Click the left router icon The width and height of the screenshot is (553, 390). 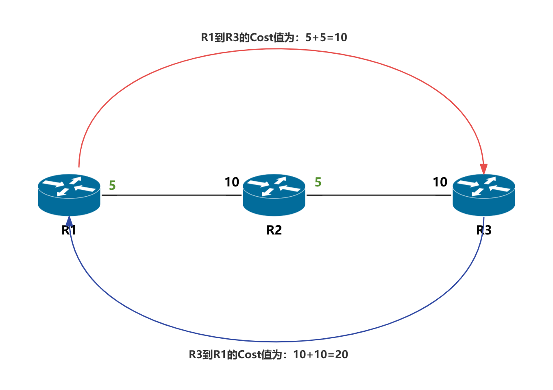pyautogui.click(x=69, y=195)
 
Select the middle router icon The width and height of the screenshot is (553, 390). pyautogui.click(x=274, y=195)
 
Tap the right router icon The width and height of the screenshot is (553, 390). pyautogui.click(x=483, y=195)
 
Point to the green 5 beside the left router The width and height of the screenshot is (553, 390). pyautogui.click(x=112, y=186)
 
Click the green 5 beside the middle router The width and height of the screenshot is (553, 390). pyautogui.click(x=318, y=182)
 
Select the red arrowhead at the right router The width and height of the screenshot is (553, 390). pyautogui.click(x=483, y=169)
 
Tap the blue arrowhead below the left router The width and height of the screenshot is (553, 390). pyautogui.click(x=70, y=221)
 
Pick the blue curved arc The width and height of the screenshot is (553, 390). pyautogui.click(x=276, y=341)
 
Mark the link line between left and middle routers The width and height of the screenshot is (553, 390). pyautogui.click(x=171, y=195)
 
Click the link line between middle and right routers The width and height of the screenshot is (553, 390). pyautogui.click(x=378, y=195)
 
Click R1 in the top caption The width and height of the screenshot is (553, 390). pyautogui.click(x=207, y=37)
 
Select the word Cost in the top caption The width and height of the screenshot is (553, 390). pyautogui.click(x=261, y=37)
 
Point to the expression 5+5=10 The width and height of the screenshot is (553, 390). pyautogui.click(x=327, y=37)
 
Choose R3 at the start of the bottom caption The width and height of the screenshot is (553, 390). pyautogui.click(x=195, y=355)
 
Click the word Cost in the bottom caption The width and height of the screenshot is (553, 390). pyautogui.click(x=249, y=355)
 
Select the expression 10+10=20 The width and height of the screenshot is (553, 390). pyautogui.click(x=320, y=355)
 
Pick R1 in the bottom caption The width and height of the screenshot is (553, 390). pyautogui.click(x=220, y=355)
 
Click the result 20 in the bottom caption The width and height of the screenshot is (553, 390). pyautogui.click(x=342, y=355)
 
